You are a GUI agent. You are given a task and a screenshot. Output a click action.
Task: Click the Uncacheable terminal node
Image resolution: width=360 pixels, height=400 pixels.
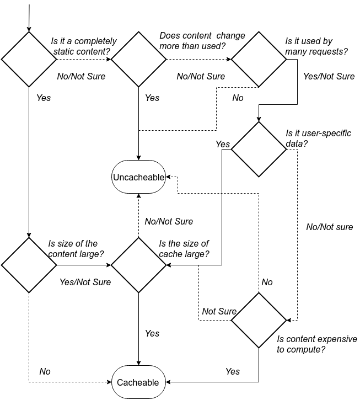pyautogui.click(x=138, y=177)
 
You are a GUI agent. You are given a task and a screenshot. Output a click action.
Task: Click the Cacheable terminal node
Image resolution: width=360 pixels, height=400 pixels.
pyautogui.click(x=138, y=382)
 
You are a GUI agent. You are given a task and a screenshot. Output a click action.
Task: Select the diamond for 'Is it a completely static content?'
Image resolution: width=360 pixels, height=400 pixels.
pyautogui.click(x=28, y=59)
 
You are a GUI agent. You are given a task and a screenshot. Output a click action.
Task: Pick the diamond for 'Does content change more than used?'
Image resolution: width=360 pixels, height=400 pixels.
pyautogui.click(x=138, y=59)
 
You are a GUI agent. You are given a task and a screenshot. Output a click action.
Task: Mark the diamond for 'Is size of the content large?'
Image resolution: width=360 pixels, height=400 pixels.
pyautogui.click(x=28, y=265)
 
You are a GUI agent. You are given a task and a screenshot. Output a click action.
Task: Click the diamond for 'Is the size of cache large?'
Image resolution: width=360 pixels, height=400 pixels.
pyautogui.click(x=138, y=265)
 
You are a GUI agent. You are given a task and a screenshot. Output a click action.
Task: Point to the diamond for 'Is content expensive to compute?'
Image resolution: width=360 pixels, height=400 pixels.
pyautogui.click(x=259, y=320)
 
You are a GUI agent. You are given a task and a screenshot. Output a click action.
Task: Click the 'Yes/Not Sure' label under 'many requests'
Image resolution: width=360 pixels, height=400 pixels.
pyautogui.click(x=329, y=77)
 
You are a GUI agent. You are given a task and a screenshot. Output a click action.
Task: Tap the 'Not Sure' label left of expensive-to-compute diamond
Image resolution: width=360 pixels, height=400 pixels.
pyautogui.click(x=219, y=311)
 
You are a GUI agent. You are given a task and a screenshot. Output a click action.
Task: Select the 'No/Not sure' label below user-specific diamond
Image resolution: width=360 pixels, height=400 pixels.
pyautogui.click(x=329, y=227)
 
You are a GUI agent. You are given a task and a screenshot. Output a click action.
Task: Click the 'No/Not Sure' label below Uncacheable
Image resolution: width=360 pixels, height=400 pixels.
pyautogui.click(x=169, y=221)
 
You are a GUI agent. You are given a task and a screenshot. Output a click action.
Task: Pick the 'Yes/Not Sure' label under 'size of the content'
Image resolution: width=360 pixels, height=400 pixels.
pyautogui.click(x=85, y=282)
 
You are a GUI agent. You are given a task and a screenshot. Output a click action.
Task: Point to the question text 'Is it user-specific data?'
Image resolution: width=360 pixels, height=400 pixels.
pyautogui.click(x=318, y=138)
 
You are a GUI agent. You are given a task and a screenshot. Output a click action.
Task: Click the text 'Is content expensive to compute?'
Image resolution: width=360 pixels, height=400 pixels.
pyautogui.click(x=316, y=344)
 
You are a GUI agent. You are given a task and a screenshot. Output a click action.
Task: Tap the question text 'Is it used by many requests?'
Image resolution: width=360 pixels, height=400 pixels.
pyautogui.click(x=316, y=46)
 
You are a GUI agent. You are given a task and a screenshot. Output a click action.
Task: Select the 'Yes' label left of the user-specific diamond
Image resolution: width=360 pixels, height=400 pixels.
pyautogui.click(x=223, y=144)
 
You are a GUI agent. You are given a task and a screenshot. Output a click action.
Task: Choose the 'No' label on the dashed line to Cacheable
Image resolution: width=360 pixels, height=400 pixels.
pyautogui.click(x=45, y=371)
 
